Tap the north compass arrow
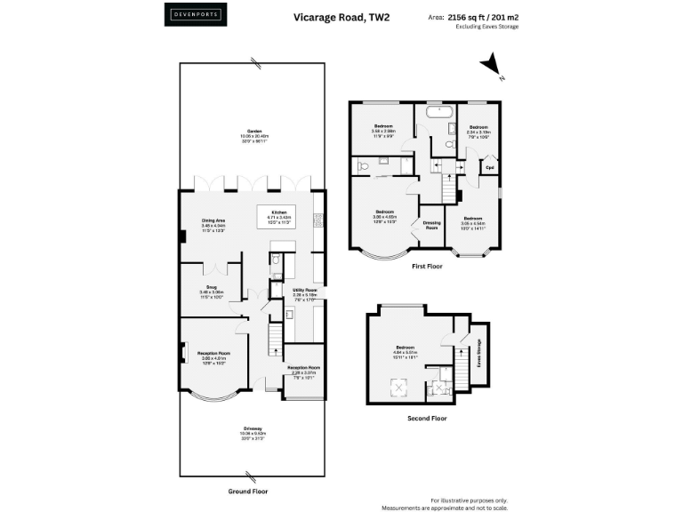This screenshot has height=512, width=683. pyautogui.click(x=489, y=67)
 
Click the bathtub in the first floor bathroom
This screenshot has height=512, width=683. pyautogui.click(x=438, y=113)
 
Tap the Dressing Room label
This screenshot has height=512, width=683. pyautogui.click(x=431, y=226)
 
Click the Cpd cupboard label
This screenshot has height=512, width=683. pyautogui.click(x=488, y=166)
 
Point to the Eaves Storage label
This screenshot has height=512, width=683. pyautogui.click(x=478, y=352)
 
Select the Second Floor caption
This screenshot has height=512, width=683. pyautogui.click(x=428, y=418)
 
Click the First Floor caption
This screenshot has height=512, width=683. pyautogui.click(x=427, y=266)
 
